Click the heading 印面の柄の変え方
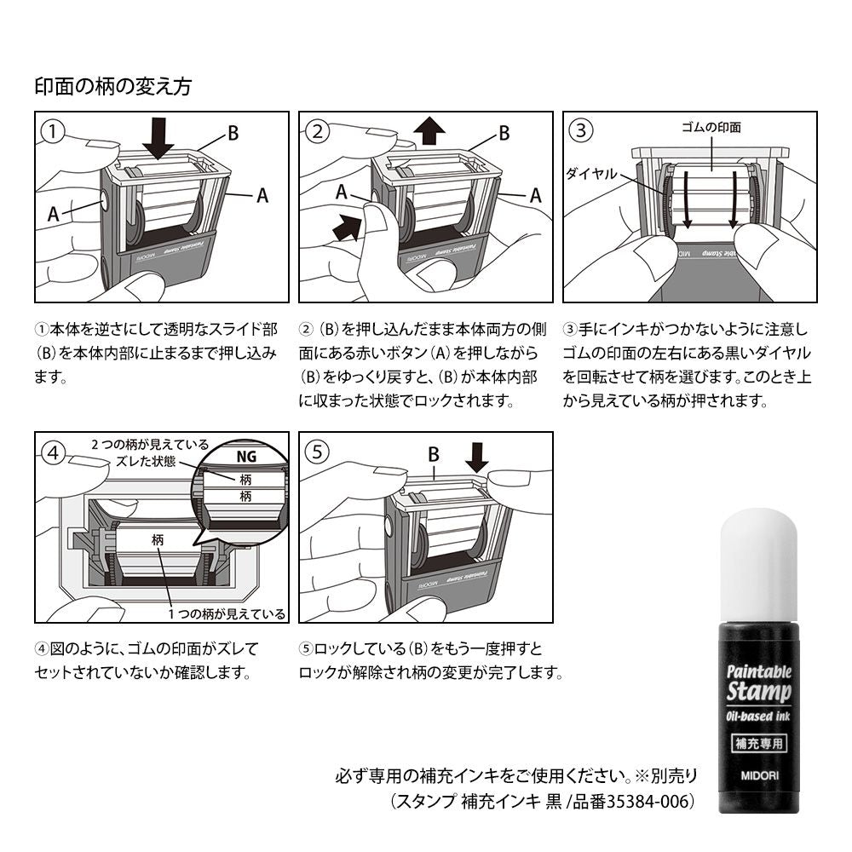click(x=112, y=86)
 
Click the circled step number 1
click(x=54, y=130)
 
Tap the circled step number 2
click(x=317, y=130)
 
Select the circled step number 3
click(x=581, y=130)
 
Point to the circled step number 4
click(x=54, y=452)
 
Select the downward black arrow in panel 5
click(x=477, y=459)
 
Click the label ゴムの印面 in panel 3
click(x=711, y=127)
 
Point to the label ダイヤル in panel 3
click(x=591, y=172)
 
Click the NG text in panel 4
click(x=245, y=456)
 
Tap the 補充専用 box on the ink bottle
click(x=759, y=741)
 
